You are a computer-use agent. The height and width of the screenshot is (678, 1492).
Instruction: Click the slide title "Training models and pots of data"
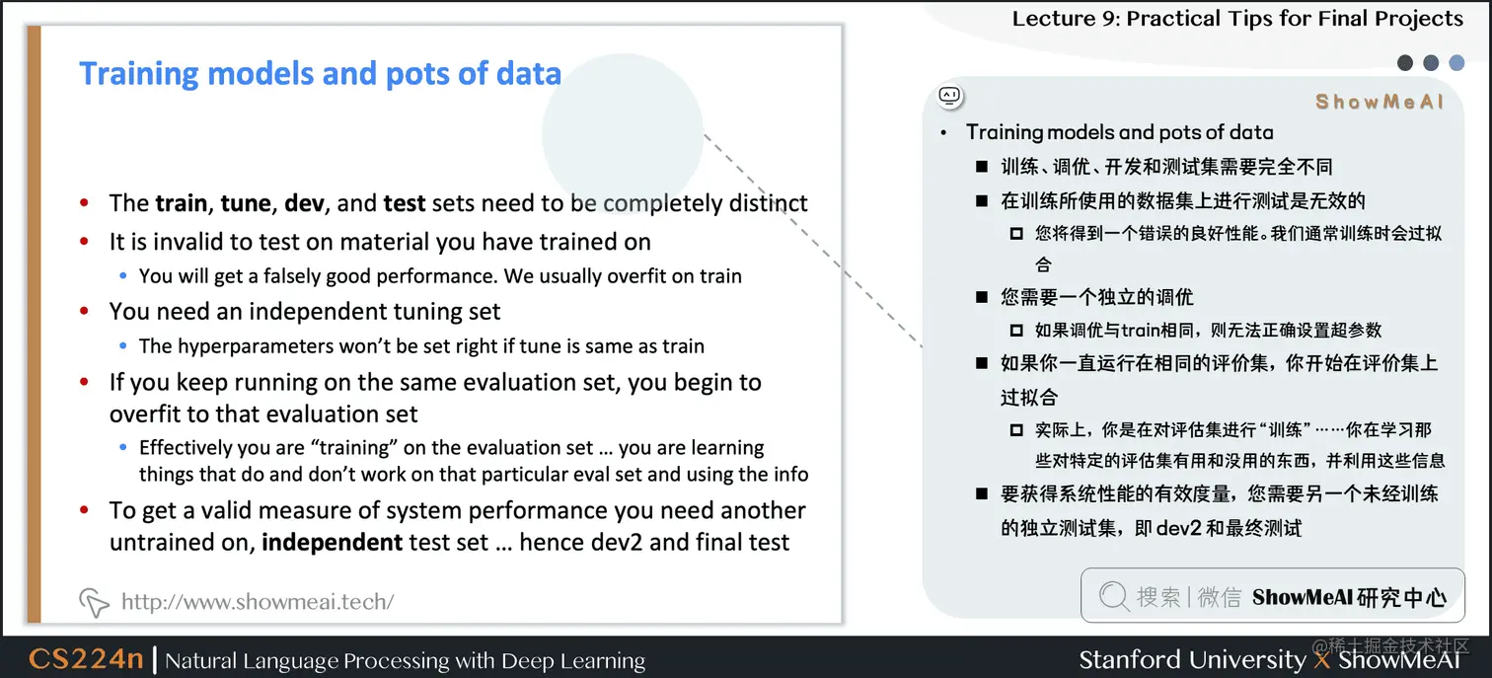pos(320,74)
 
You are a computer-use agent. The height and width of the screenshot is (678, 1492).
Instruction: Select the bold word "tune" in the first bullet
pos(246,203)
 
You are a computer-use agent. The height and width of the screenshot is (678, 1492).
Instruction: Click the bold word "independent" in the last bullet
pos(332,542)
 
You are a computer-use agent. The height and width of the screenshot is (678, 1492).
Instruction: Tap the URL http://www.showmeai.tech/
pos(257,601)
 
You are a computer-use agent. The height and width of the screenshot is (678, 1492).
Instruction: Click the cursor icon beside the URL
pos(94,601)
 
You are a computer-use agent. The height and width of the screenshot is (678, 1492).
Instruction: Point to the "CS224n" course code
pos(86,659)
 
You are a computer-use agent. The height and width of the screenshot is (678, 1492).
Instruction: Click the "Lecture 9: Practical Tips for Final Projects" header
pos(1237,19)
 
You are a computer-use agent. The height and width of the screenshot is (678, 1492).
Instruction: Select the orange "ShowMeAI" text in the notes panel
pos(1380,102)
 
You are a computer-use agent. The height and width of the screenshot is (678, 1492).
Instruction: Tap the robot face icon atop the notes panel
pos(949,96)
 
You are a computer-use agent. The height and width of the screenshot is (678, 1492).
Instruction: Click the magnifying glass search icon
pos(1113,596)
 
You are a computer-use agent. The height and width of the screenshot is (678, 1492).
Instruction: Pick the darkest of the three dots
pos(1405,63)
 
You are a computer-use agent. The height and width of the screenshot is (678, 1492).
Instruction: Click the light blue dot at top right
pos(1456,63)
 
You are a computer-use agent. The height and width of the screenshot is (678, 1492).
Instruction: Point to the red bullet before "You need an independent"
pos(86,312)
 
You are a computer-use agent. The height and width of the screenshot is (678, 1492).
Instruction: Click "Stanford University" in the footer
pos(1191,659)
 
